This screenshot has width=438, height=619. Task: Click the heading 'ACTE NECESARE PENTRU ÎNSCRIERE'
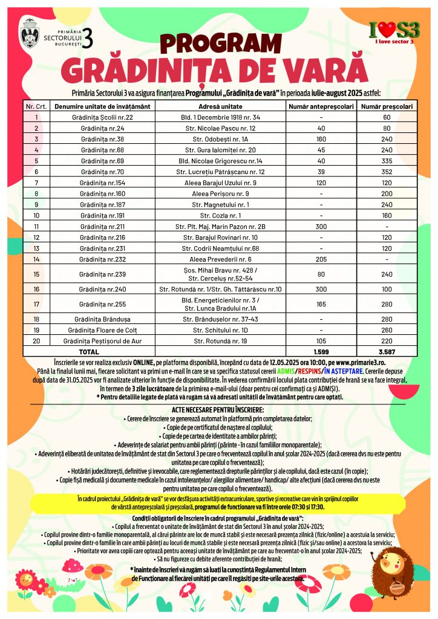tap(218, 410)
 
